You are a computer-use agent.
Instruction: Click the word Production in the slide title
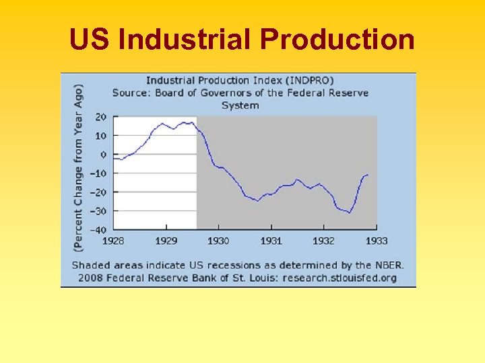pos(337,40)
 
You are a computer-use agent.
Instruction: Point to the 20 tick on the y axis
pos(100,117)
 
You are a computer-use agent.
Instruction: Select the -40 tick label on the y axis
pos(98,230)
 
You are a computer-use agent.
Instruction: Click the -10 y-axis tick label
pos(98,173)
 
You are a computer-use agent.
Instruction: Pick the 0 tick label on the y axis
pos(103,155)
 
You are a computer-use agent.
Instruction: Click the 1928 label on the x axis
pos(113,241)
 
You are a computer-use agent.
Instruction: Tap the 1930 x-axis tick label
pos(218,241)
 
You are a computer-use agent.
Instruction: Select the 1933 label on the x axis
pos(377,241)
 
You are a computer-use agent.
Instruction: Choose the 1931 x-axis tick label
pos(271,241)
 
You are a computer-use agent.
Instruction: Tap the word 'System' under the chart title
pos(240,105)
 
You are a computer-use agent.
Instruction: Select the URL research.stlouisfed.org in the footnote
pos(340,277)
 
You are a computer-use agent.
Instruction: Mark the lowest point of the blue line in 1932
pos(350,212)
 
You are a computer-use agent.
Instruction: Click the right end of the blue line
pos(368,175)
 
